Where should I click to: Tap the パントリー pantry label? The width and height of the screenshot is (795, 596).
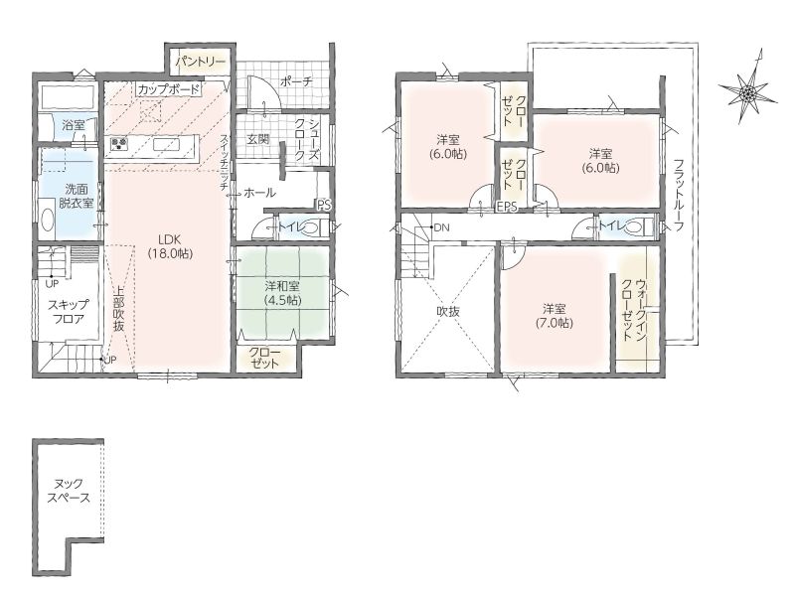[x=201, y=62]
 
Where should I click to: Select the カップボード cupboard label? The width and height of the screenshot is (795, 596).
[x=169, y=90]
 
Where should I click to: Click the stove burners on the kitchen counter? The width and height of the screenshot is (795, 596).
[x=119, y=144]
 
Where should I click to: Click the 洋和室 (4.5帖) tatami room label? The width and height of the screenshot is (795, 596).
[x=283, y=292]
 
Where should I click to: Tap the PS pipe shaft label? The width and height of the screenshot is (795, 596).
[x=325, y=206]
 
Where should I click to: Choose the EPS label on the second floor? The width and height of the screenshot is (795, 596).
[x=507, y=207]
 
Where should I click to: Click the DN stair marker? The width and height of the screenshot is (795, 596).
[x=441, y=227]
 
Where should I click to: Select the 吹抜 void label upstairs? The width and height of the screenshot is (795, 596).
[x=448, y=312]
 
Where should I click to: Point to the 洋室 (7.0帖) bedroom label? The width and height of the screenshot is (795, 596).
[x=555, y=316]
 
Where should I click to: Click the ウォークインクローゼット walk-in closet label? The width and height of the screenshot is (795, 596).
[x=634, y=310]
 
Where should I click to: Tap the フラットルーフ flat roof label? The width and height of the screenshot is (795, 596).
[x=680, y=196]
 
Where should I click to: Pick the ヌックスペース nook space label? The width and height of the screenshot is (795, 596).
[x=69, y=491]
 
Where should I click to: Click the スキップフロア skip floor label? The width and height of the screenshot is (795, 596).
[x=68, y=312]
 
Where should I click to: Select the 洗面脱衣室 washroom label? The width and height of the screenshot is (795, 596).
[x=77, y=196]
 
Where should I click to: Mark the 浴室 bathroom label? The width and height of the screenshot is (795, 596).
[x=74, y=125]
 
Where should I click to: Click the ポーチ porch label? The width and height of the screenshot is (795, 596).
[x=296, y=81]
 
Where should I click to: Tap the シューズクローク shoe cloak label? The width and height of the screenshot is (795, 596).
[x=307, y=140]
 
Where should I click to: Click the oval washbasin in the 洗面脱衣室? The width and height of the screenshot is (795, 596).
[x=47, y=222]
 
